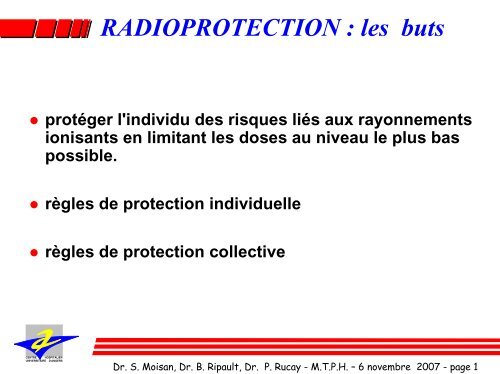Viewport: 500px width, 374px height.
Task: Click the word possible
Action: (x=84, y=157)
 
